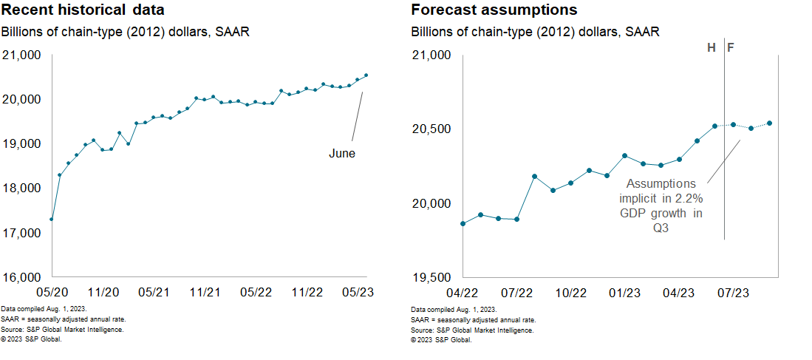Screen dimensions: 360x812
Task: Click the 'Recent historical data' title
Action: pos(83,10)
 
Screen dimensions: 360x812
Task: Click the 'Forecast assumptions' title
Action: pos(494,10)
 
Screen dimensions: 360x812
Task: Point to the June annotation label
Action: pos(342,154)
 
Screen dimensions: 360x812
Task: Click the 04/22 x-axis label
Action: pos(463,292)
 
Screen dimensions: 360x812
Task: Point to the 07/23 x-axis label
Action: pos(733,292)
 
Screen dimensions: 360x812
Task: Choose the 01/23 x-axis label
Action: pos(625,292)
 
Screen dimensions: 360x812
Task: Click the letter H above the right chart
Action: pos(712,48)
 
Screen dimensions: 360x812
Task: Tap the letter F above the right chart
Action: pos(731,48)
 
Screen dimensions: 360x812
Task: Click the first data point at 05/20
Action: pos(51,219)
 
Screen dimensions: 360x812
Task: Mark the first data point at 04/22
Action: pos(463,223)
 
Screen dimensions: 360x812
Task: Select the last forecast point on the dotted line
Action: pos(769,123)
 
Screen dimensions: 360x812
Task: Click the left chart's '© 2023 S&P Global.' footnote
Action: pos(31,339)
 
